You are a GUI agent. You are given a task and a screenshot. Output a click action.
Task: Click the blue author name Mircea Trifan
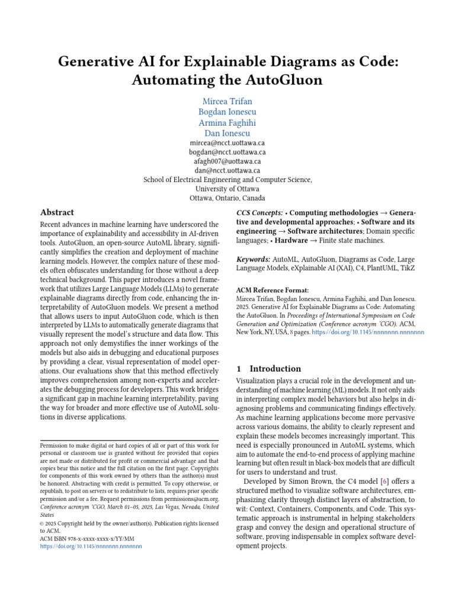(227, 101)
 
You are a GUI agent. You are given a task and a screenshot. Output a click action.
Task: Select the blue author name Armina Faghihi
(227, 123)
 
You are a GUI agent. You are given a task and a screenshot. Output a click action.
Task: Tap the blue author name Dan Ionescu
(227, 133)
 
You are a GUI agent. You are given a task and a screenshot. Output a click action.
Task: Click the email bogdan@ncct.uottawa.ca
(227, 152)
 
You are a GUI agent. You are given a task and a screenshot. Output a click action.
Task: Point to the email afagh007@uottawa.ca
(227, 161)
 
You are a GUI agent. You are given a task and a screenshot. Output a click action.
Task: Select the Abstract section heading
(57, 212)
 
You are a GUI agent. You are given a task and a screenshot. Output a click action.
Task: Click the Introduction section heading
(275, 368)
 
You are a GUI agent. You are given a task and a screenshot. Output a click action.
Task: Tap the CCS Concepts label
(259, 212)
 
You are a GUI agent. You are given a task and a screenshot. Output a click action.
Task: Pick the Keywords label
(254, 260)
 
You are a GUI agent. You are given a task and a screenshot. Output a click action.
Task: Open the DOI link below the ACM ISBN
(91, 547)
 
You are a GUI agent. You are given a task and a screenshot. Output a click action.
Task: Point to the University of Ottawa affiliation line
(227, 189)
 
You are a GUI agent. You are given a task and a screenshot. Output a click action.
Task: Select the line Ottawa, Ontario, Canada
(227, 198)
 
